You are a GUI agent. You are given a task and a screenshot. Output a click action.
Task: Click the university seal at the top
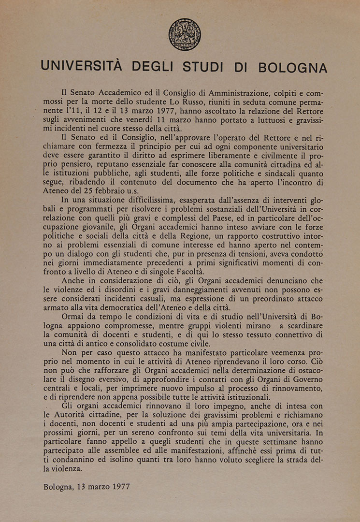[x=185, y=35]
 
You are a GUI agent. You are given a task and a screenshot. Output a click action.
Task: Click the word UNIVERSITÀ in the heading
[x=81, y=67]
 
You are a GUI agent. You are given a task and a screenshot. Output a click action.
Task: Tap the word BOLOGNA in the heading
[x=292, y=67]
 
